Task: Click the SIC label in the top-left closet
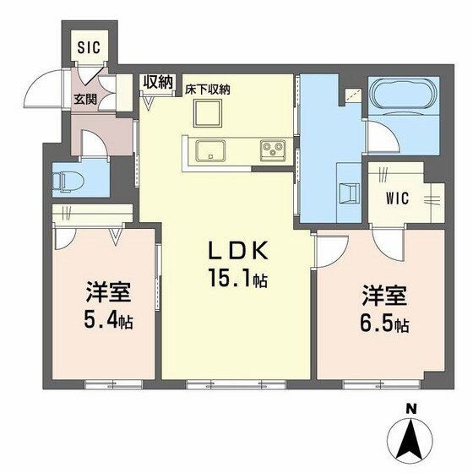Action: click(x=89, y=47)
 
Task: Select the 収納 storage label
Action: click(x=158, y=83)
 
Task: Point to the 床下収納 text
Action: click(x=209, y=89)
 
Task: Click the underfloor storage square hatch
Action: click(x=206, y=112)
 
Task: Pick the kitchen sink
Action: click(x=209, y=152)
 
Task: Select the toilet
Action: click(x=66, y=179)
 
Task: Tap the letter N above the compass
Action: click(x=411, y=409)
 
